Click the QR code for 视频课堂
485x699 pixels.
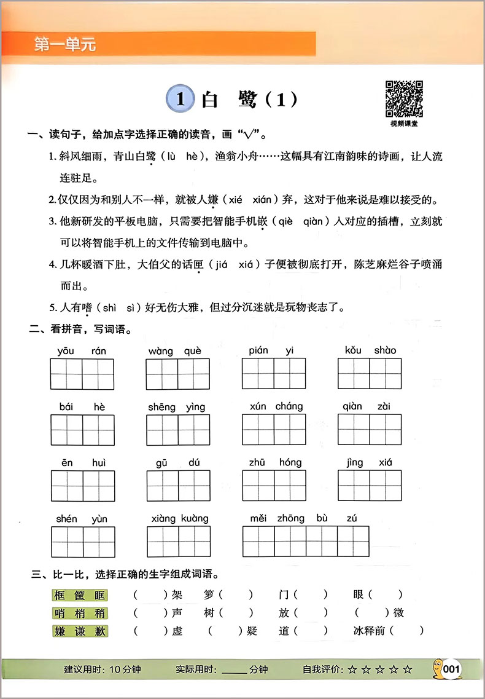tap(403, 98)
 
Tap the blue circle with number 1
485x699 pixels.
tap(180, 99)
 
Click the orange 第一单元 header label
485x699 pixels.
tap(66, 45)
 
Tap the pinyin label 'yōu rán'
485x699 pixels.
tap(82, 350)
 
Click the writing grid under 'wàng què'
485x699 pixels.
tap(178, 374)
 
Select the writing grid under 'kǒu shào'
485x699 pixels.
tap(370, 374)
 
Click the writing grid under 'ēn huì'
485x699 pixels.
tap(82, 486)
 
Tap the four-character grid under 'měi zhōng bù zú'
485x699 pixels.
tap(306, 541)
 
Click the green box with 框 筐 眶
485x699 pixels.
tap(79, 594)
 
